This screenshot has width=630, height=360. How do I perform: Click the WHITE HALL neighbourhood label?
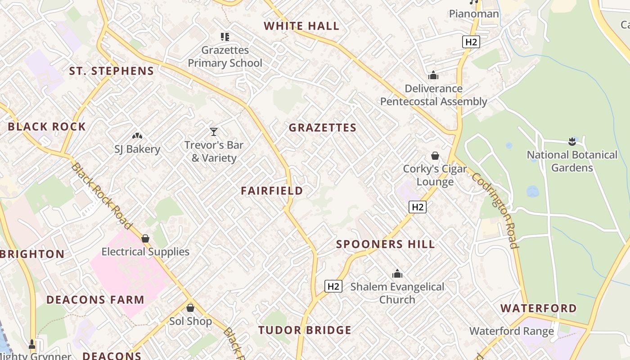[301, 26]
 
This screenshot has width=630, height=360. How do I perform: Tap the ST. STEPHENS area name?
[112, 71]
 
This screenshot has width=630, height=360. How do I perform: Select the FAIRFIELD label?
[272, 191]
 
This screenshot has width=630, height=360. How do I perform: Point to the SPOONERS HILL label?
[386, 244]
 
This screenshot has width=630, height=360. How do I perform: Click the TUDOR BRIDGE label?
[305, 330]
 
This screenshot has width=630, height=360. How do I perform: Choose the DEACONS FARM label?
[95, 300]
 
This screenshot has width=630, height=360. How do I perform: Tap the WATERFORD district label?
[538, 309]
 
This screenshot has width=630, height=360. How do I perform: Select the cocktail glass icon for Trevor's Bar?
[214, 132]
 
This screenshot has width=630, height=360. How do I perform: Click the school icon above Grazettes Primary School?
[225, 37]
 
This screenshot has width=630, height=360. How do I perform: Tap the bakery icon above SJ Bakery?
[137, 135]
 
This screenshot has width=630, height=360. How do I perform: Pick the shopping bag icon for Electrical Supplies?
[145, 238]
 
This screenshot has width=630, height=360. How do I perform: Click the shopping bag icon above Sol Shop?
[190, 308]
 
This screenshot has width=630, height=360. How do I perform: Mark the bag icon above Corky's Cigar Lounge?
[435, 156]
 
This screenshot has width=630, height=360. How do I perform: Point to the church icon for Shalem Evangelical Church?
[397, 274]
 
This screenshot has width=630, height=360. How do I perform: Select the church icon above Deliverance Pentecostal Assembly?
[433, 75]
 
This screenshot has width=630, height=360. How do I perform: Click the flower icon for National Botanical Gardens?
[572, 142]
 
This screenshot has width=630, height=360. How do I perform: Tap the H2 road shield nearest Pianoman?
[471, 42]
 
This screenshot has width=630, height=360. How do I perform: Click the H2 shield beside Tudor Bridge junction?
[333, 286]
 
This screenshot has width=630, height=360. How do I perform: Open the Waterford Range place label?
[512, 332]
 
